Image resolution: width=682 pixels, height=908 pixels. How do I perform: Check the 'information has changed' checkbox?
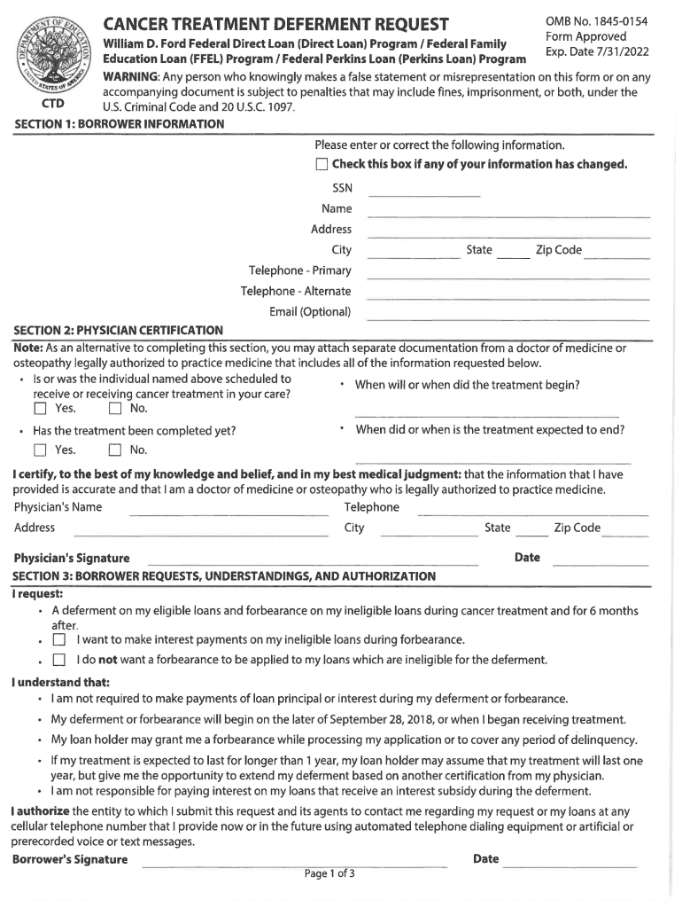pyautogui.click(x=322, y=165)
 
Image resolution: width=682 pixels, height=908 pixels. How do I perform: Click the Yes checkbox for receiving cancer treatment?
pyautogui.click(x=40, y=410)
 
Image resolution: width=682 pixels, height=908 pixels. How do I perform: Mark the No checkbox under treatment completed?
pyautogui.click(x=114, y=450)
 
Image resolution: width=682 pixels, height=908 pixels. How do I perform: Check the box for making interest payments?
pyautogui.click(x=59, y=640)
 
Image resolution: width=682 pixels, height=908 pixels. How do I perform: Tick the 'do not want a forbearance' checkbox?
pyautogui.click(x=59, y=661)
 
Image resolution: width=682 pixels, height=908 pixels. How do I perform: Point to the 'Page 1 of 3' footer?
pyautogui.click(x=329, y=874)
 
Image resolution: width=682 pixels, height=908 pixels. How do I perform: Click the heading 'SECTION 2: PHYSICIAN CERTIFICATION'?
pyautogui.click(x=118, y=331)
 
